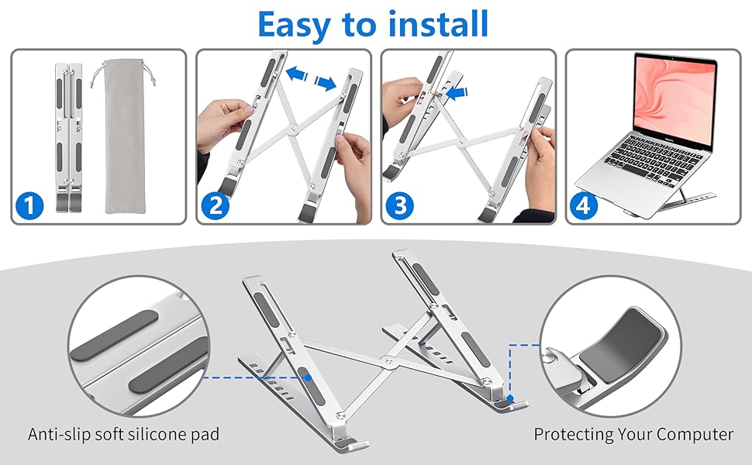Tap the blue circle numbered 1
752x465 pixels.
[x=29, y=206]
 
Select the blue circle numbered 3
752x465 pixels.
[x=399, y=206]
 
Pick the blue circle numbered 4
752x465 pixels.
[x=584, y=206]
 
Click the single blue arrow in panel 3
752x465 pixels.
[x=460, y=93]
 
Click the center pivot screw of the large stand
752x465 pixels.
[x=386, y=361]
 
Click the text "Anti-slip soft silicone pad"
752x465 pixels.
[x=123, y=434]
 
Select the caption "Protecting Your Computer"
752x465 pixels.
[x=633, y=434]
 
